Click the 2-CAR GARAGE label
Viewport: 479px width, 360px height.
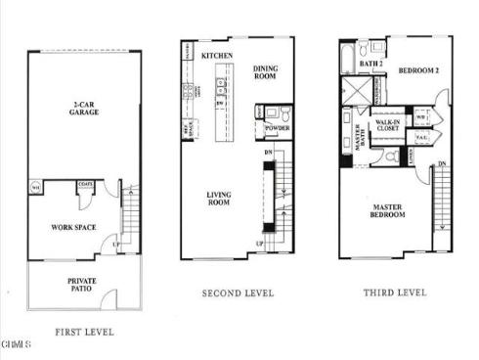82,108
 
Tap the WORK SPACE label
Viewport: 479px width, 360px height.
71,227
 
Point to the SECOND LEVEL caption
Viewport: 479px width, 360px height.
238,292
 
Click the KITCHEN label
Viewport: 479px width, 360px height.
216,56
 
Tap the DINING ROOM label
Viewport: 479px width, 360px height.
266,72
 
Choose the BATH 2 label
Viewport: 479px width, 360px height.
371,64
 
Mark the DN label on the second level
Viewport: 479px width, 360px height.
268,153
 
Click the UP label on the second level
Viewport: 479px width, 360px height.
260,243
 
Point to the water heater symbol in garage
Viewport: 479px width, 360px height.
36,187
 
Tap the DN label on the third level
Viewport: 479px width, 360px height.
442,163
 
